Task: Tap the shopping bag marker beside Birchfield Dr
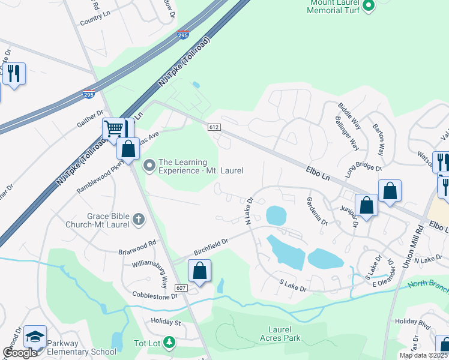(200, 271)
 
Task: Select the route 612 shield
(214, 127)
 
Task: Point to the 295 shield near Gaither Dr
(88, 94)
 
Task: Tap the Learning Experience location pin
(149, 164)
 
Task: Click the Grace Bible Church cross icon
(139, 219)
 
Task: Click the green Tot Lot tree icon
(170, 343)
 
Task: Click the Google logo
(20, 353)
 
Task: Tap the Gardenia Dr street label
(317, 211)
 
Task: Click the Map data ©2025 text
(424, 355)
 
